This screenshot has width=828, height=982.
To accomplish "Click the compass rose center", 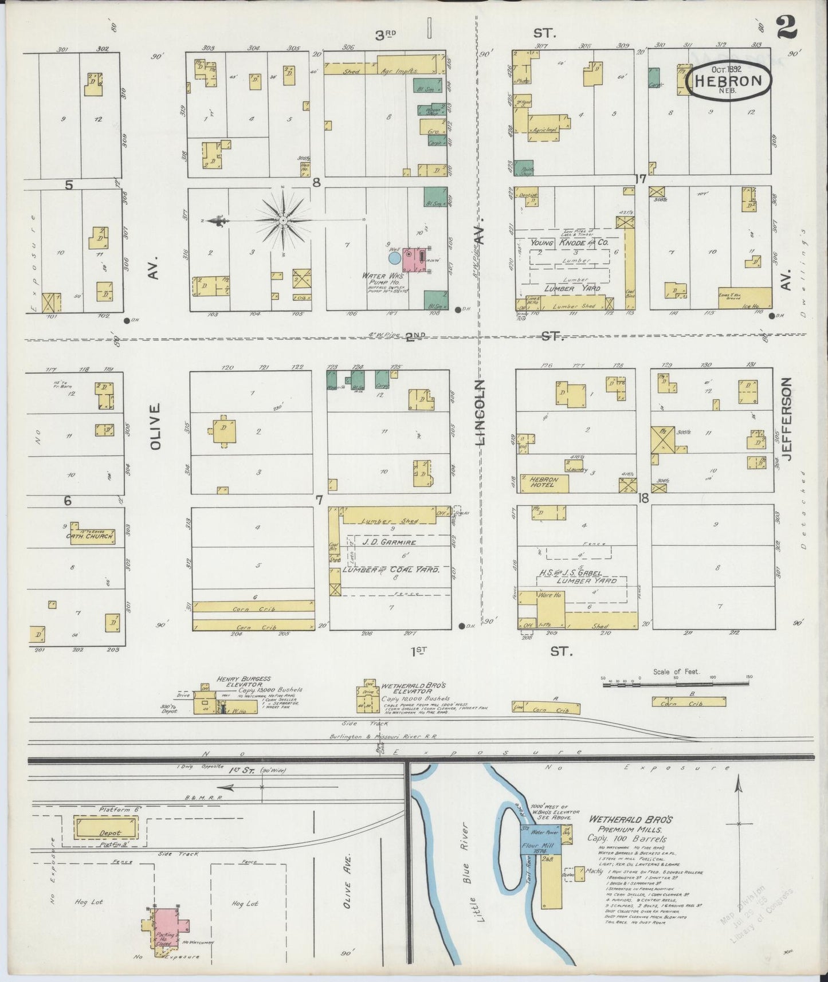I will coord(283,220).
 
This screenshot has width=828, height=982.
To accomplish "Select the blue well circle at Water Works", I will coord(395,258).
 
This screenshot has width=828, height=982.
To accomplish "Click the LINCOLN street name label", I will coord(480,413).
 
